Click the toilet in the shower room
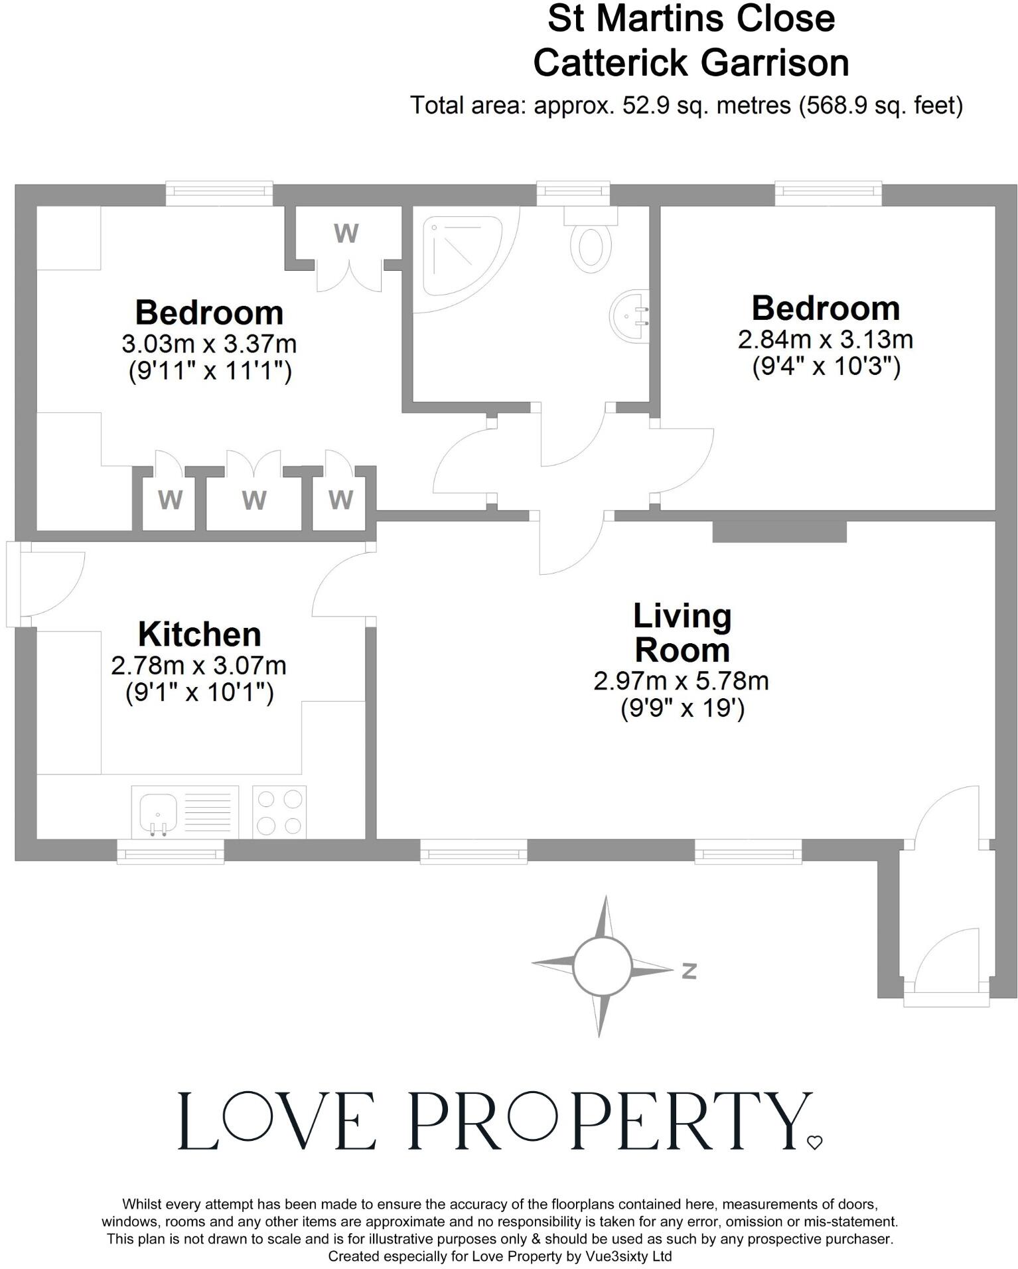[x=591, y=244]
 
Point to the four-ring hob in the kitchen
[x=279, y=812]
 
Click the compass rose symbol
[x=602, y=966]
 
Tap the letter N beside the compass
[x=690, y=971]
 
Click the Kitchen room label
[x=199, y=634]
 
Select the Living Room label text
[x=682, y=633]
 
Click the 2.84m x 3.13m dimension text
[x=826, y=340]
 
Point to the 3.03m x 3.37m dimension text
[x=209, y=344]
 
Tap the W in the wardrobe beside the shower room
[x=346, y=234]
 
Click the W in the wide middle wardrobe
[x=254, y=500]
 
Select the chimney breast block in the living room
[x=779, y=532]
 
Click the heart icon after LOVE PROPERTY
[x=814, y=1142]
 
